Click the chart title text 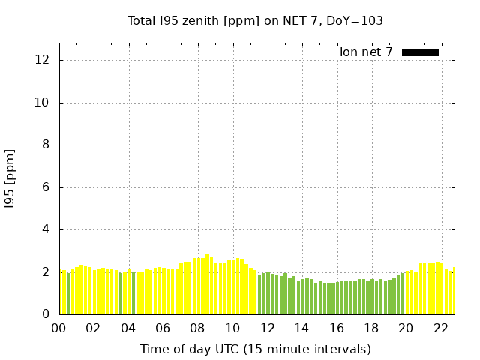click(255, 21)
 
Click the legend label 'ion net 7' click(366, 52)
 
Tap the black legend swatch click(420, 52)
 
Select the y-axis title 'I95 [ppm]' click(10, 178)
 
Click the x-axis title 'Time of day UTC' click(255, 349)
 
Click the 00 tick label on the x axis click(58, 328)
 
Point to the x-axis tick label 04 click(128, 328)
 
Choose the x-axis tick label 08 click(197, 328)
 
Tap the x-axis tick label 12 click(267, 328)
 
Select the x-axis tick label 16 click(336, 328)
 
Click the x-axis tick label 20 click(406, 328)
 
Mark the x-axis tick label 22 click(440, 328)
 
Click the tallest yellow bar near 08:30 click(208, 285)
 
